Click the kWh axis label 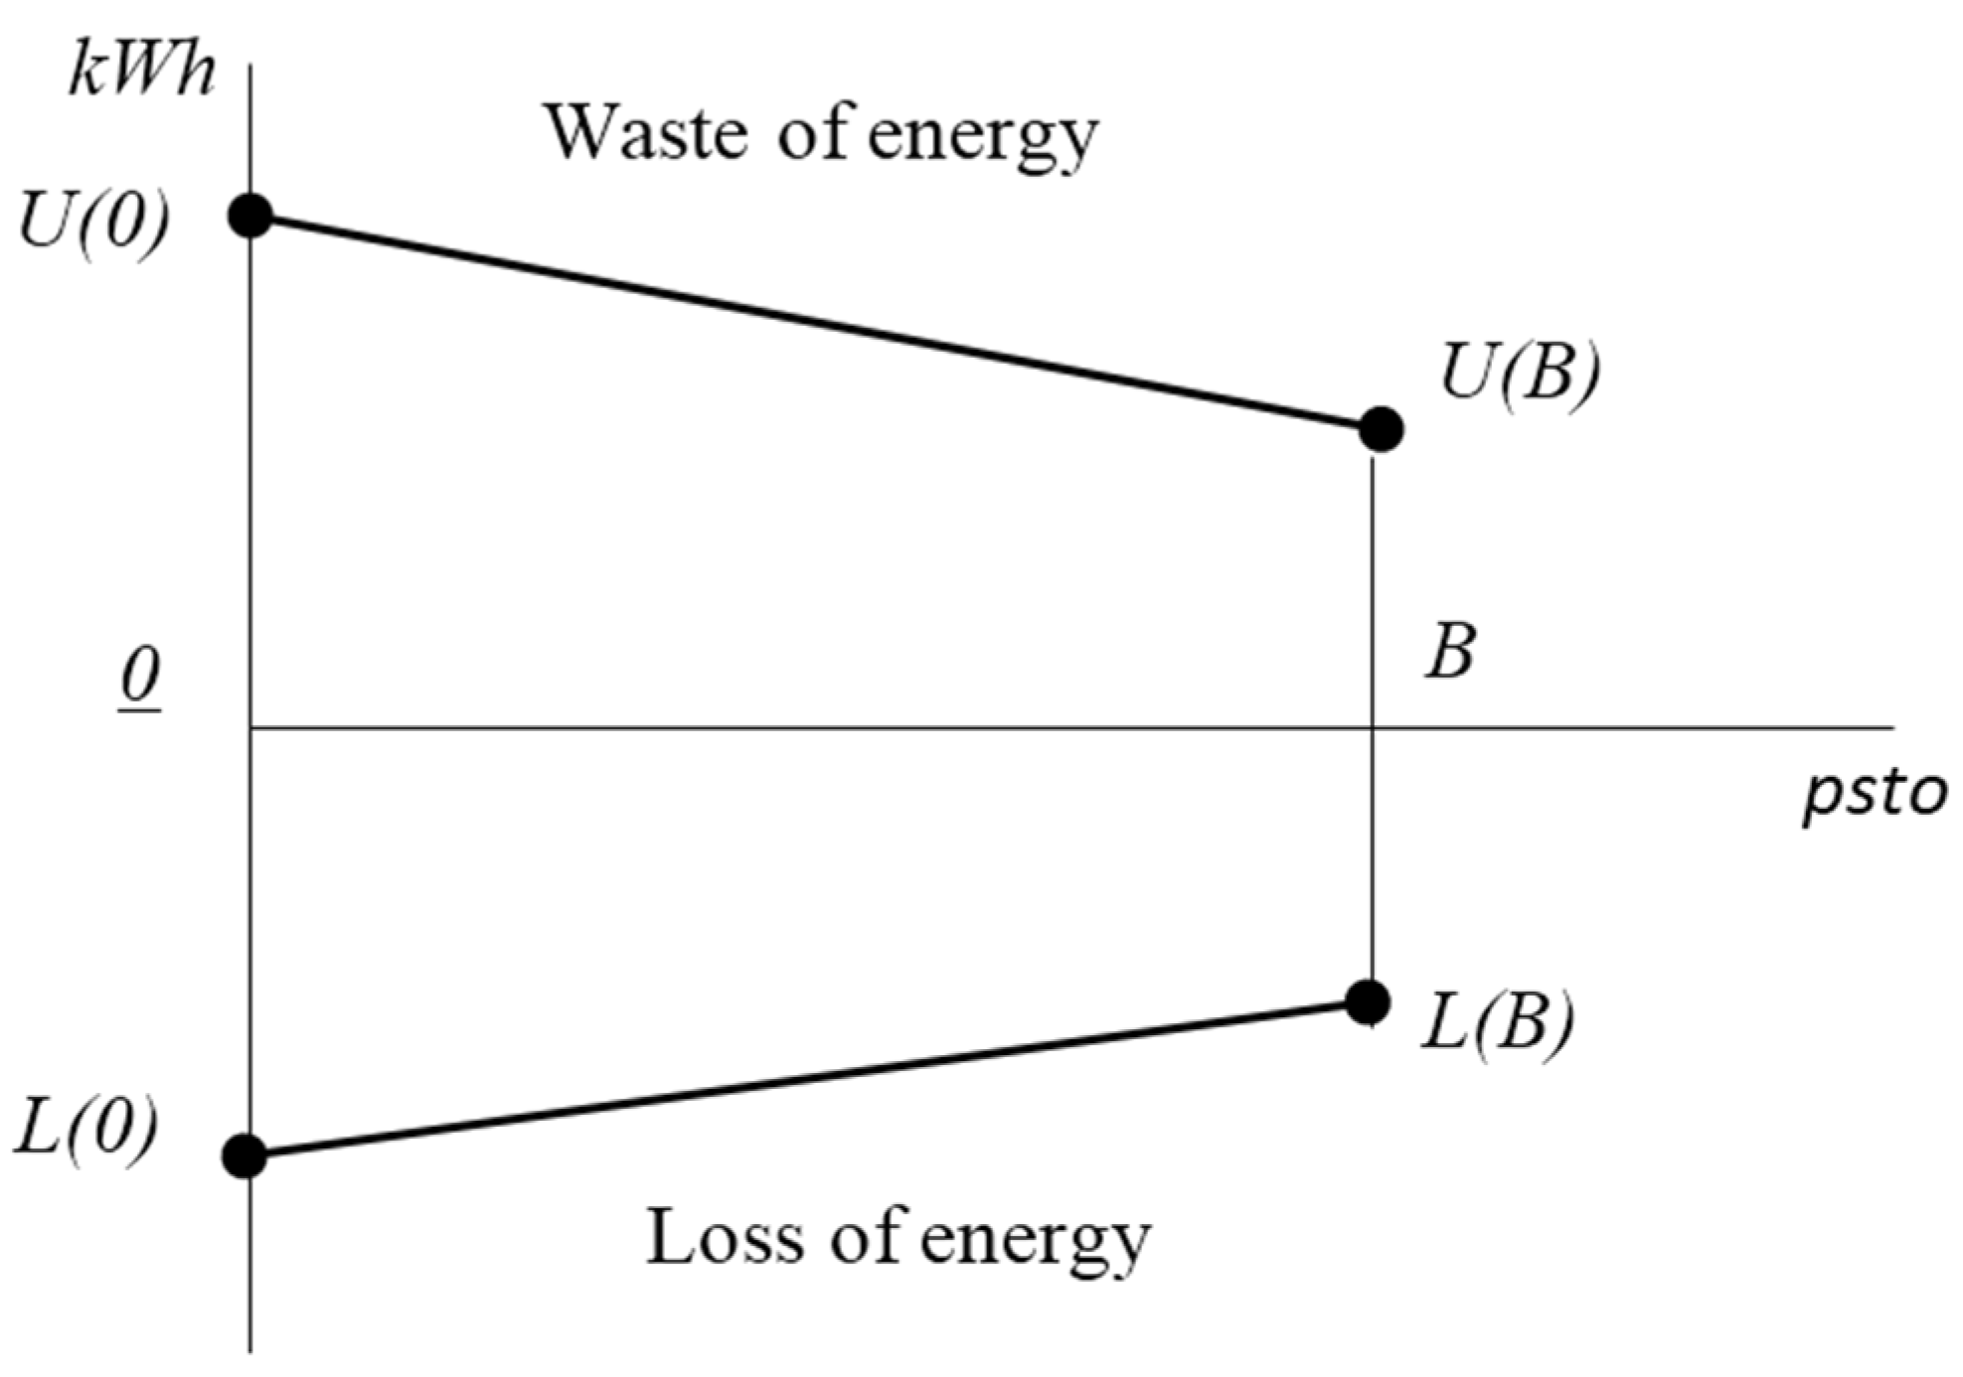[x=141, y=72]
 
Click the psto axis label [x=1875, y=795]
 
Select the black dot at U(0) [x=251, y=215]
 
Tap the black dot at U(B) [x=1381, y=429]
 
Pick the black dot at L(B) [x=1369, y=1002]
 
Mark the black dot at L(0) [x=245, y=1155]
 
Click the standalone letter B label [x=1450, y=653]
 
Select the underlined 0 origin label [x=140, y=679]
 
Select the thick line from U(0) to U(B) [x=815, y=322]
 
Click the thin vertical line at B [x=1373, y=596]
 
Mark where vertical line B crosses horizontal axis [x=1373, y=728]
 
